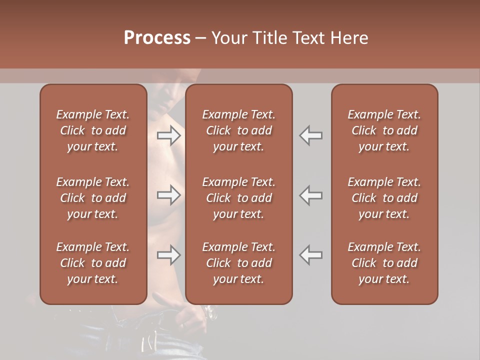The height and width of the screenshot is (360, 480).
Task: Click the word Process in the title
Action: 157,38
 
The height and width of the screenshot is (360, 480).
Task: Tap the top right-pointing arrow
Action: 168,135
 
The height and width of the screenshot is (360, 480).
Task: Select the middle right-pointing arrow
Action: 168,195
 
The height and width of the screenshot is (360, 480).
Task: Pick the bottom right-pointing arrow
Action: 168,255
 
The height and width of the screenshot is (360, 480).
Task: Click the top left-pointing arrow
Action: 311,135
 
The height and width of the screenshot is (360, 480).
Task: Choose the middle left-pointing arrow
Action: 311,195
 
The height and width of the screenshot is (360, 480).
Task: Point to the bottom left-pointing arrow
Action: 311,255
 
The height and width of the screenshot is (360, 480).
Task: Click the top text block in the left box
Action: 93,130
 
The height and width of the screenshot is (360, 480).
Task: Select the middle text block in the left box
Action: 93,198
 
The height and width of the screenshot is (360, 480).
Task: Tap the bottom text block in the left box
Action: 93,263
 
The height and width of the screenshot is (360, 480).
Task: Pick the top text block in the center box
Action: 239,130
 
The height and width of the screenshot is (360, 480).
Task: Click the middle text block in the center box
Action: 239,198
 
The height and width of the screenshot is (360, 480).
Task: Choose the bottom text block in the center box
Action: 239,263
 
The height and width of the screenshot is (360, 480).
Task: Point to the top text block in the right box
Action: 384,130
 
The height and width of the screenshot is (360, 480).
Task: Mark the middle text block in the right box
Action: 384,198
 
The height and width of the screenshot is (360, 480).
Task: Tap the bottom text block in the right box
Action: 384,263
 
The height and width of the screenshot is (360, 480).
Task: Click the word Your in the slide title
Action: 228,38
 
